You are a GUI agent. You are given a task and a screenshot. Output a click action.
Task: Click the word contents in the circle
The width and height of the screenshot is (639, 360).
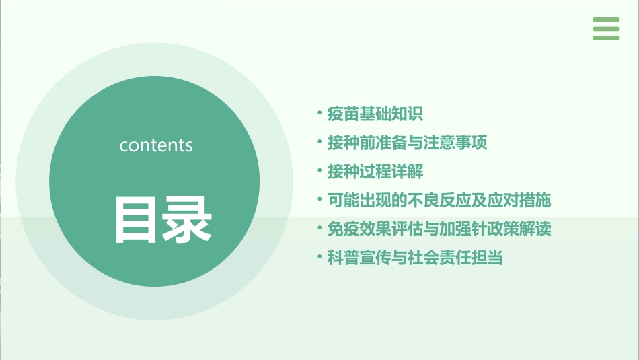click(x=156, y=145)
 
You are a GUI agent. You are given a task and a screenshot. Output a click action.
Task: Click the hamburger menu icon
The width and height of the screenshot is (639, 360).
click(x=605, y=29)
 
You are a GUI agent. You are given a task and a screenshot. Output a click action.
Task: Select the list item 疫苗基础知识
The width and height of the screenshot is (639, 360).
click(x=375, y=114)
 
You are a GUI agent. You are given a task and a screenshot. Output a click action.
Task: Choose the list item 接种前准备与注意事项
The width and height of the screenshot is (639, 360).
click(x=406, y=143)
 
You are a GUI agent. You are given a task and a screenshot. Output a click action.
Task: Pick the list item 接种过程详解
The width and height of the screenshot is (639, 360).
click(x=375, y=172)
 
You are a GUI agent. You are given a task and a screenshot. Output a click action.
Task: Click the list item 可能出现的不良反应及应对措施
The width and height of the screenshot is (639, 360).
click(x=439, y=201)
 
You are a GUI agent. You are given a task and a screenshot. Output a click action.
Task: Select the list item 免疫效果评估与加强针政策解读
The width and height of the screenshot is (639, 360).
click(x=439, y=229)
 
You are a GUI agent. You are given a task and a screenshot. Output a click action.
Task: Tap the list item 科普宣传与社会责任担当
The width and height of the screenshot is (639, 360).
click(x=414, y=258)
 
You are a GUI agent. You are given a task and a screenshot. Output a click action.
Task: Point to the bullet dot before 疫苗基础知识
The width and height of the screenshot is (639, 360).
click(x=319, y=112)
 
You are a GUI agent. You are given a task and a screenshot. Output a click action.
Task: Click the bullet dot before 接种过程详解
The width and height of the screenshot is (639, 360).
click(x=319, y=170)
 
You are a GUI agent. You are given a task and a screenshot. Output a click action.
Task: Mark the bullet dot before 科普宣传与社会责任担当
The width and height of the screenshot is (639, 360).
click(x=319, y=257)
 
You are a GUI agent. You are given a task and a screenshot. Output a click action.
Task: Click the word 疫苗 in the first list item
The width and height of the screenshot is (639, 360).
click(x=343, y=114)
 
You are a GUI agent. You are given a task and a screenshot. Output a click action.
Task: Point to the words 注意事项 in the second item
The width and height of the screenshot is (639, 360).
click(x=455, y=143)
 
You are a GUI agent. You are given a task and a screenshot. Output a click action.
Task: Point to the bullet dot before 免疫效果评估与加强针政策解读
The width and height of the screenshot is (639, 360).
click(x=319, y=228)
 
